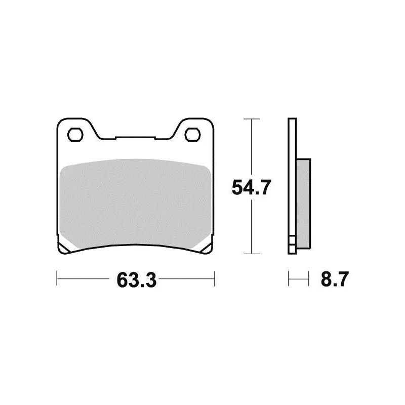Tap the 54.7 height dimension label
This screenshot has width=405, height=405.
[251, 187]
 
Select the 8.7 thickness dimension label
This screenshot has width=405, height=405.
[335, 279]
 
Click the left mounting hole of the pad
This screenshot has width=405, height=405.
[75, 135]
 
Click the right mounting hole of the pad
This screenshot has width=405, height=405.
[193, 135]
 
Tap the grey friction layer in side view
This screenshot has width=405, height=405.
[303, 204]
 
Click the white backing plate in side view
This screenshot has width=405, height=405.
[292, 186]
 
